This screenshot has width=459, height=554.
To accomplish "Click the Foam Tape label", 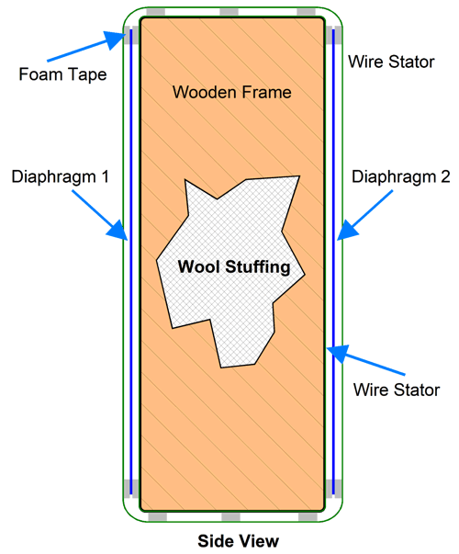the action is [x=62, y=74].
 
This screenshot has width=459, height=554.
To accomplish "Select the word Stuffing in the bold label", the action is [x=258, y=267].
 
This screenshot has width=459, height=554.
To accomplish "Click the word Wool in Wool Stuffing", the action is [x=200, y=266].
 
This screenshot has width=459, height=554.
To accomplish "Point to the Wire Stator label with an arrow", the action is [x=397, y=390].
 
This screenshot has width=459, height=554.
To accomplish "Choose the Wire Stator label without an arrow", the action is [x=391, y=62].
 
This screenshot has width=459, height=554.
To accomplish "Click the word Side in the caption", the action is [x=214, y=541].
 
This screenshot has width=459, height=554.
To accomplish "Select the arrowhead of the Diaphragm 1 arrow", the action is [x=118, y=231].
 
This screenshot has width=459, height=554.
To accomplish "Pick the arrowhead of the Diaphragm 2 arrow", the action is [x=347, y=231].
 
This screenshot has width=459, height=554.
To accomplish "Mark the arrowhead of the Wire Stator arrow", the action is [x=337, y=354].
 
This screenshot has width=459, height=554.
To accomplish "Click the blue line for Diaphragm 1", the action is [x=131, y=262].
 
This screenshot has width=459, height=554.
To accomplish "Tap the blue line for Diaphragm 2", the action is [x=333, y=262].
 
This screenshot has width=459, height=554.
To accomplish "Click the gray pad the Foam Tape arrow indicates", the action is [x=127, y=35].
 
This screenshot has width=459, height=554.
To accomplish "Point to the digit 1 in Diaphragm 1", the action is [x=104, y=176].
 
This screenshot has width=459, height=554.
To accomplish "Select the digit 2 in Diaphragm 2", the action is [x=445, y=176].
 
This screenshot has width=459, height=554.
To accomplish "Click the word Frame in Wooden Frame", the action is [x=266, y=92].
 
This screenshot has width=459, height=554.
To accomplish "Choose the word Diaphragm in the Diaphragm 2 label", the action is [x=394, y=177].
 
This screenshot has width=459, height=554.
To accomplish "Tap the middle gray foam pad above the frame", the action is [x=229, y=12].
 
